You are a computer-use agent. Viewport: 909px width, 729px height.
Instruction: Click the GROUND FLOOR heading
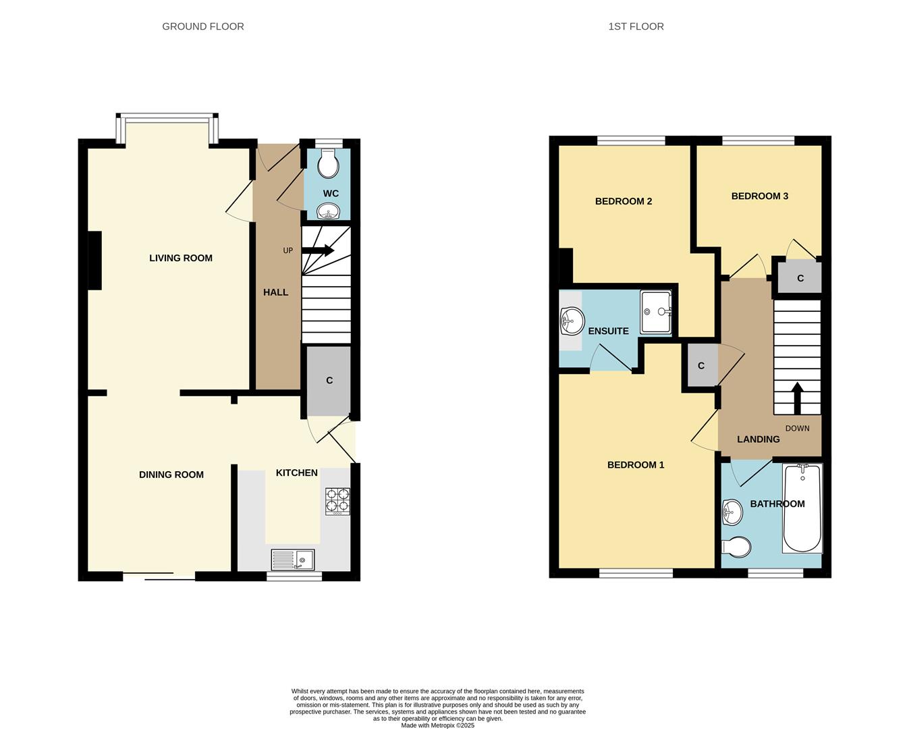point(203,26)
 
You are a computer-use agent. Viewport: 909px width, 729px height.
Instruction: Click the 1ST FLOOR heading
point(636,26)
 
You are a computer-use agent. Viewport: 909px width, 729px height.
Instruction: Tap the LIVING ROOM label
point(181,258)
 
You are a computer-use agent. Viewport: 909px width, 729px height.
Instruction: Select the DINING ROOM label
point(171,475)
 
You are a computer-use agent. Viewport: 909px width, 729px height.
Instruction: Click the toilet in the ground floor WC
point(328,162)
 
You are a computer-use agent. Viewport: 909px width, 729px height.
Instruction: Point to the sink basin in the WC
point(329,214)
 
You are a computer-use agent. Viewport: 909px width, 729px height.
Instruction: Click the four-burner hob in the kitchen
point(338,501)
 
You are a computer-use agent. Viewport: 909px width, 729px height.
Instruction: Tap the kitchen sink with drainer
point(293,560)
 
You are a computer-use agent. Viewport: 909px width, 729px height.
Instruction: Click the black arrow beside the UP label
point(318,250)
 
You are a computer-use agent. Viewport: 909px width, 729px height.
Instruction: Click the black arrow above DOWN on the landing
point(797,398)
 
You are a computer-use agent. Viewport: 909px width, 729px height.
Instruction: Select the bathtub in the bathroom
point(802,508)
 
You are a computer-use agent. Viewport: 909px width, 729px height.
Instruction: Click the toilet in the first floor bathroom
point(736,547)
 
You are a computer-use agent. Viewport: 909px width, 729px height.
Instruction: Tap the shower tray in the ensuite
point(656,312)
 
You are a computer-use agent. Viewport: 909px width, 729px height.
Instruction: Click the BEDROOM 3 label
point(760,196)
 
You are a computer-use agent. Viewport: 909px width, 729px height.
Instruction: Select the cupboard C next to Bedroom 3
point(800,278)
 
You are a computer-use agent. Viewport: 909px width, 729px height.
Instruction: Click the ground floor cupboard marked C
point(329,381)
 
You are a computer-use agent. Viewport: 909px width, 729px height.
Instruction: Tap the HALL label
point(275,292)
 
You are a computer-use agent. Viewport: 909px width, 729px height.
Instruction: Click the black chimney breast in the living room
point(94,261)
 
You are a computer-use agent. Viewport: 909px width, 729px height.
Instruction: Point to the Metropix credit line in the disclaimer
point(437,726)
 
